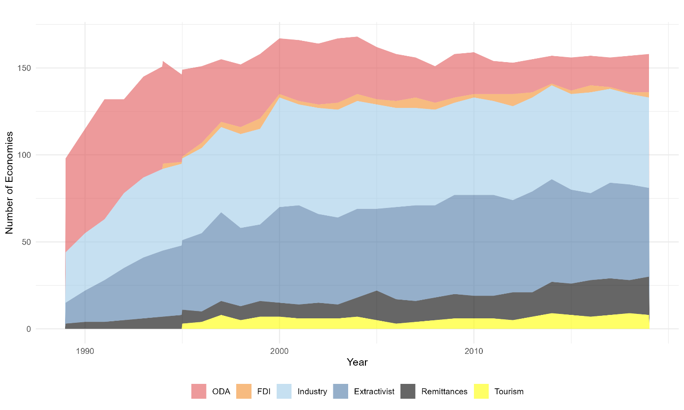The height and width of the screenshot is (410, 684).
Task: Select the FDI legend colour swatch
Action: pyautogui.click(x=245, y=392)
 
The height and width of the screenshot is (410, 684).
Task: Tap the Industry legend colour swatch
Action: pyautogui.click(x=286, y=392)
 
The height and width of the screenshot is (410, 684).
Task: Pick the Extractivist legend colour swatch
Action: pyautogui.click(x=342, y=392)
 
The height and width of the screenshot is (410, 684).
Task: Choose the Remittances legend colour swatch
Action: pyautogui.click(x=409, y=392)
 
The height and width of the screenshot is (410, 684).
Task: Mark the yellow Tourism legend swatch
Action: pyautogui.click(x=481, y=392)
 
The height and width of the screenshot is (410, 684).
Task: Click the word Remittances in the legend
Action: pyautogui.click(x=444, y=392)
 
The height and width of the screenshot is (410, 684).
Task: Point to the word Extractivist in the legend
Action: pyautogui.click(x=374, y=392)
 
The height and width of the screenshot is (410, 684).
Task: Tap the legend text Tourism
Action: pyautogui.click(x=508, y=392)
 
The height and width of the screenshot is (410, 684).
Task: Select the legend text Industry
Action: pyautogui.click(x=312, y=392)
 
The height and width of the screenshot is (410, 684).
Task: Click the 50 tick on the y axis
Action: pyautogui.click(x=25, y=242)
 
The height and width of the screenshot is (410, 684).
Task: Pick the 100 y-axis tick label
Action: pyautogui.click(x=23, y=155)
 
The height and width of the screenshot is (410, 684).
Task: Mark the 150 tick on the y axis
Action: pyautogui.click(x=23, y=68)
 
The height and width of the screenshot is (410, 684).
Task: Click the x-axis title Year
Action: pyautogui.click(x=357, y=363)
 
